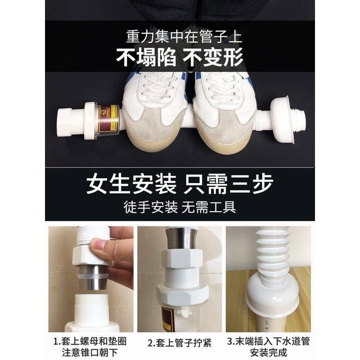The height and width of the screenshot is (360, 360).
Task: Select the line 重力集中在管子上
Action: click(x=180, y=35)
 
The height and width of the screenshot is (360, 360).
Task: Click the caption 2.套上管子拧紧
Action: click(x=180, y=342)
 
